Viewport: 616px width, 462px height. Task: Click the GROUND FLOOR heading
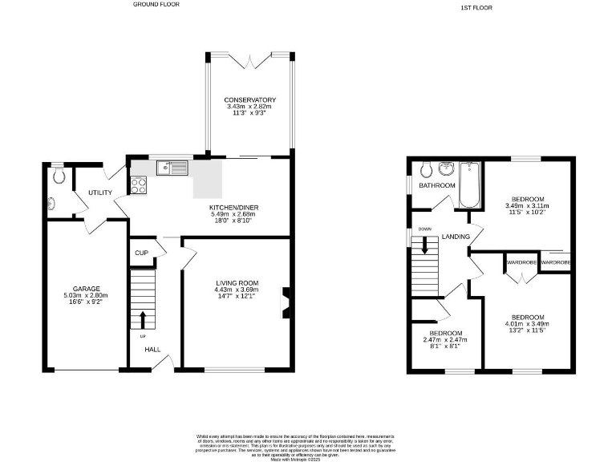coord(156,4)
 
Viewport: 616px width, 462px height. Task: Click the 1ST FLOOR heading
coord(476,7)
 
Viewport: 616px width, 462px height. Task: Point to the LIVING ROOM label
coord(237,282)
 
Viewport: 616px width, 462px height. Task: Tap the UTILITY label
coord(100,192)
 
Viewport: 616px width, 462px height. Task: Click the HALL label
coord(152,349)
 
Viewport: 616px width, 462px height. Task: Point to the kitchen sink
coord(172,168)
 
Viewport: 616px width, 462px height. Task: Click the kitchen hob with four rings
coord(137,184)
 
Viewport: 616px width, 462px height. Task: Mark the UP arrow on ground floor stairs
coord(144,319)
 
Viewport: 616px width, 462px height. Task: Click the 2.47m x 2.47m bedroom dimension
coord(445,340)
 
